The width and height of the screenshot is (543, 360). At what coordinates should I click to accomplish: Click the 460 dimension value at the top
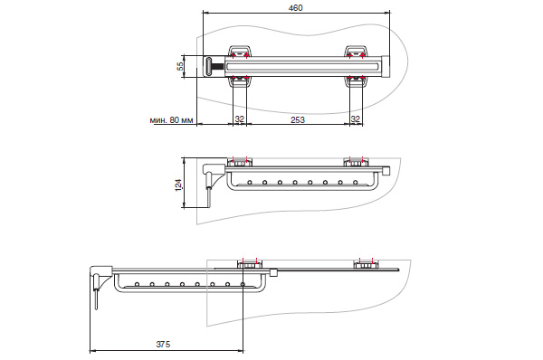295,7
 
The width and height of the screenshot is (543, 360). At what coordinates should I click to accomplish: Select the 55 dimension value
180,66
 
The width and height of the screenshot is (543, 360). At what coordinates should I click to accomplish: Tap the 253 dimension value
298,119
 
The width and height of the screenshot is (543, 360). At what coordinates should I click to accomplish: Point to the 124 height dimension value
178,185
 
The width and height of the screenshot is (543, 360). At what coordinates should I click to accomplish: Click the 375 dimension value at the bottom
163,344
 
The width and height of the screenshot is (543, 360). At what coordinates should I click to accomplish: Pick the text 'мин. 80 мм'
171,120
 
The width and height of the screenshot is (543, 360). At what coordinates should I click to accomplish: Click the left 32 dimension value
239,119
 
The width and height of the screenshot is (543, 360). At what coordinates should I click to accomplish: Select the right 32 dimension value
356,119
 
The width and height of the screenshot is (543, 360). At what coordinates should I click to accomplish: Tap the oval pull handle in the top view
209,66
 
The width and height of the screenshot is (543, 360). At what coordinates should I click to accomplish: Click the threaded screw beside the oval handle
218,66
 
